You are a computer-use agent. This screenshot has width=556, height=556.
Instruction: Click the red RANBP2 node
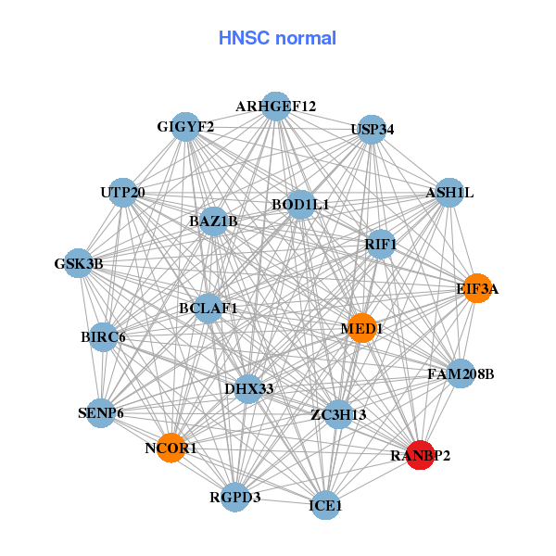point(420,455)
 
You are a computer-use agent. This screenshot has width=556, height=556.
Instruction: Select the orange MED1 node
point(361,327)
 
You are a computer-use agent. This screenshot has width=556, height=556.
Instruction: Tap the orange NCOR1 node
point(171,449)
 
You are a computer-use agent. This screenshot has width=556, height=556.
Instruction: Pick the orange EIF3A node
point(476,288)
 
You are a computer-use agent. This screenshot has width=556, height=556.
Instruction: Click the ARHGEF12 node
point(275,107)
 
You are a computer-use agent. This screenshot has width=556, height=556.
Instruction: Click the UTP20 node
point(122,193)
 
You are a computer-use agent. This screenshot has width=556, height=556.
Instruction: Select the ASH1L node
point(449,193)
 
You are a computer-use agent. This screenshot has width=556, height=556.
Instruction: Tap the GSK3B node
point(78,263)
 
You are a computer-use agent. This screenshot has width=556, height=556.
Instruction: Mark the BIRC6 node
point(103,335)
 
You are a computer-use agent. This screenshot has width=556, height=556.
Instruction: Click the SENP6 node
point(101,412)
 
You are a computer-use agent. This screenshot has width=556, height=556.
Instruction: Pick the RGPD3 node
point(235,497)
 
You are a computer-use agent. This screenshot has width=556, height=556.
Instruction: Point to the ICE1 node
point(325,505)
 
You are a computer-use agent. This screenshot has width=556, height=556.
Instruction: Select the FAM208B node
point(461,374)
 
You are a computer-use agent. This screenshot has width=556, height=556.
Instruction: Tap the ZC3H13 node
point(338,413)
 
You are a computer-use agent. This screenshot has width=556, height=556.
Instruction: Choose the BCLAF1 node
point(208,308)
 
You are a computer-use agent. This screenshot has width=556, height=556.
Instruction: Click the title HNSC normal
point(277,38)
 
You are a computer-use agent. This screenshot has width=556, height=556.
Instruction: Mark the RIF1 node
point(380,245)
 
